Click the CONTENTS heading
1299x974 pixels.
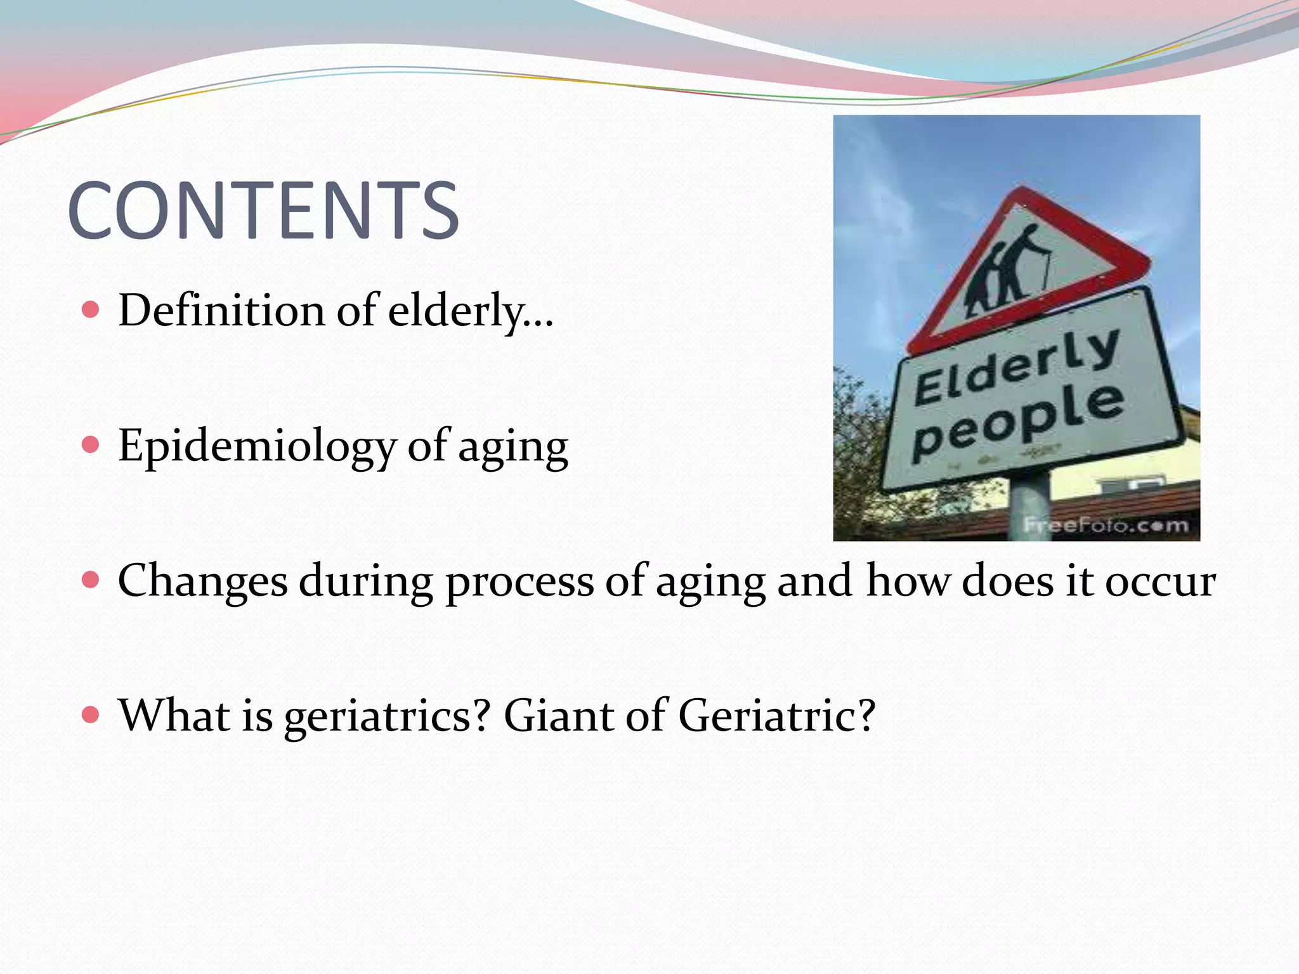[263, 211]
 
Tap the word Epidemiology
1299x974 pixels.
[257, 446]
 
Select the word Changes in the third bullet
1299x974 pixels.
[202, 581]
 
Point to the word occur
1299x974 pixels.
[1160, 581]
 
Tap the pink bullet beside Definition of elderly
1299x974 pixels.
[91, 310]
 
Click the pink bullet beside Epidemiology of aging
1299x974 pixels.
[91, 445]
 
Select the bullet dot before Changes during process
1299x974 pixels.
[91, 580]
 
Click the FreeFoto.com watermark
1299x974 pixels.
[1106, 526]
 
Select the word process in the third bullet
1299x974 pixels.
[519, 582]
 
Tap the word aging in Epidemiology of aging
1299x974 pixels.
[512, 448]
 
